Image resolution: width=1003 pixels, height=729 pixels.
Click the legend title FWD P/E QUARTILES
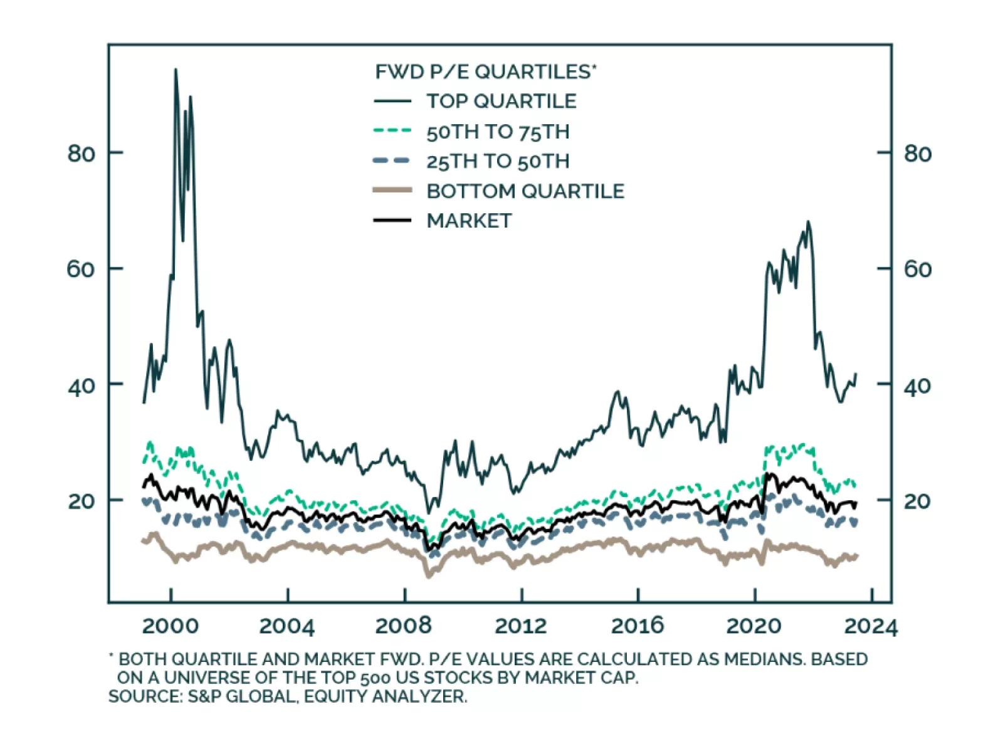pos(485,72)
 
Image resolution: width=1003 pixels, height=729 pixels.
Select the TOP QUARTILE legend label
pos(501,102)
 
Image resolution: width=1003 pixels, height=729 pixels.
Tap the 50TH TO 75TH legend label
pos(498,132)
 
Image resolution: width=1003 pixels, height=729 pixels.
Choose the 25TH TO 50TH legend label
pos(498,161)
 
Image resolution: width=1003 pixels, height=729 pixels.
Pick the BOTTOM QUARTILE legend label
pos(525,191)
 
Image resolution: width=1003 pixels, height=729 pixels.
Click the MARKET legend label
pos(469,221)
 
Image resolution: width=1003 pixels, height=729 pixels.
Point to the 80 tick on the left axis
pos(81,154)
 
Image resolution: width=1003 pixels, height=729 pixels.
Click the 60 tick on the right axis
pos(917,270)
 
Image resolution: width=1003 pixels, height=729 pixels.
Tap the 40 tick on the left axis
pos(81,385)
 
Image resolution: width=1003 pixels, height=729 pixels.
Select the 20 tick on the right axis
pos(917,501)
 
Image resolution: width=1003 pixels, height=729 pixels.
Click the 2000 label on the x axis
pos(170,626)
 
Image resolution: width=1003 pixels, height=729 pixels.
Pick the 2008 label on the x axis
pos(404,626)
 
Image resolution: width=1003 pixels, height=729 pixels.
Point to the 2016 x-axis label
pos(638,626)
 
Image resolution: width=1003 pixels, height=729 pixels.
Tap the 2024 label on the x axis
pos(871,626)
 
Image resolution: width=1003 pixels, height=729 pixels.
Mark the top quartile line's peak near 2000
pos(175,70)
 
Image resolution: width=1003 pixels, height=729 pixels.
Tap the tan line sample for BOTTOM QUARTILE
pos(392,191)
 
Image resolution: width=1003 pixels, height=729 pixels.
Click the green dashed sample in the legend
pos(392,131)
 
